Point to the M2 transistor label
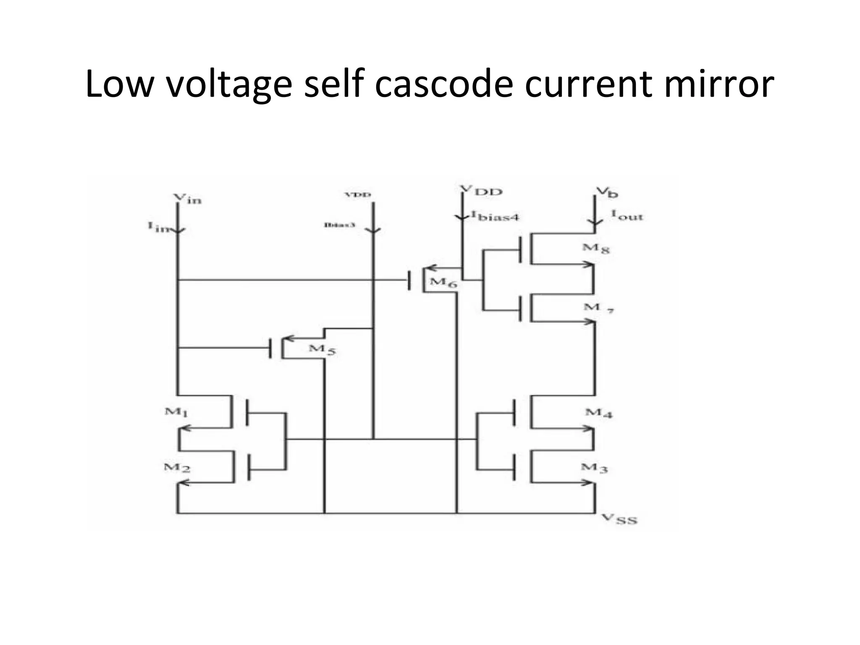[177, 467]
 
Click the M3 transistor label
[594, 467]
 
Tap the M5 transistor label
[322, 349]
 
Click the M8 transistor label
[595, 248]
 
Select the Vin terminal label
[187, 199]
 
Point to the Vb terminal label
[607, 192]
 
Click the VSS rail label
[619, 520]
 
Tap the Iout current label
[627, 215]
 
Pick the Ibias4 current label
[495, 216]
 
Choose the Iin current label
[158, 227]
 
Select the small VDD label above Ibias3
[358, 195]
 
